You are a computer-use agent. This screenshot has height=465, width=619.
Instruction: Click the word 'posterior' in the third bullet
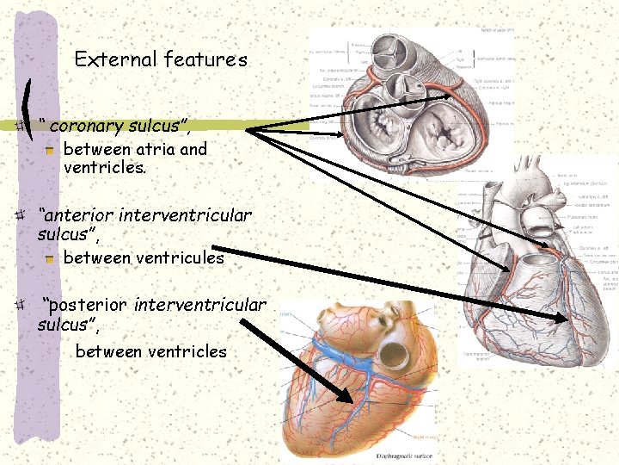pyautogui.click(x=89, y=304)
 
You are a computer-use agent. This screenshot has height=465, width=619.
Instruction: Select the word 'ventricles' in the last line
pyautogui.click(x=187, y=351)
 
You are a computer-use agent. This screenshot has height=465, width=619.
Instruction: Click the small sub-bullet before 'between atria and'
pyautogui.click(x=50, y=150)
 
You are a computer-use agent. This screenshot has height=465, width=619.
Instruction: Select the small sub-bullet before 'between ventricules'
pyautogui.click(x=50, y=258)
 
